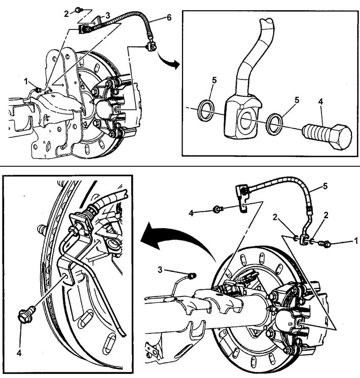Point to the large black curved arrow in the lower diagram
(178, 239)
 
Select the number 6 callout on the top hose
(169, 18)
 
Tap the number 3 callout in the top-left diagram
(107, 15)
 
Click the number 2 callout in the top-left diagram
(66, 14)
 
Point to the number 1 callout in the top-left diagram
(26, 82)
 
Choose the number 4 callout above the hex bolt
(320, 101)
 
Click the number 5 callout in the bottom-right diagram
(325, 186)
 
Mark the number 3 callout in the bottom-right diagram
(160, 270)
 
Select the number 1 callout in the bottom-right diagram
(355, 240)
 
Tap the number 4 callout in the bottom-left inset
(19, 353)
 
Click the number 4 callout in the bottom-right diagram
(191, 213)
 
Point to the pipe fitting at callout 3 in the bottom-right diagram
(192, 275)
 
